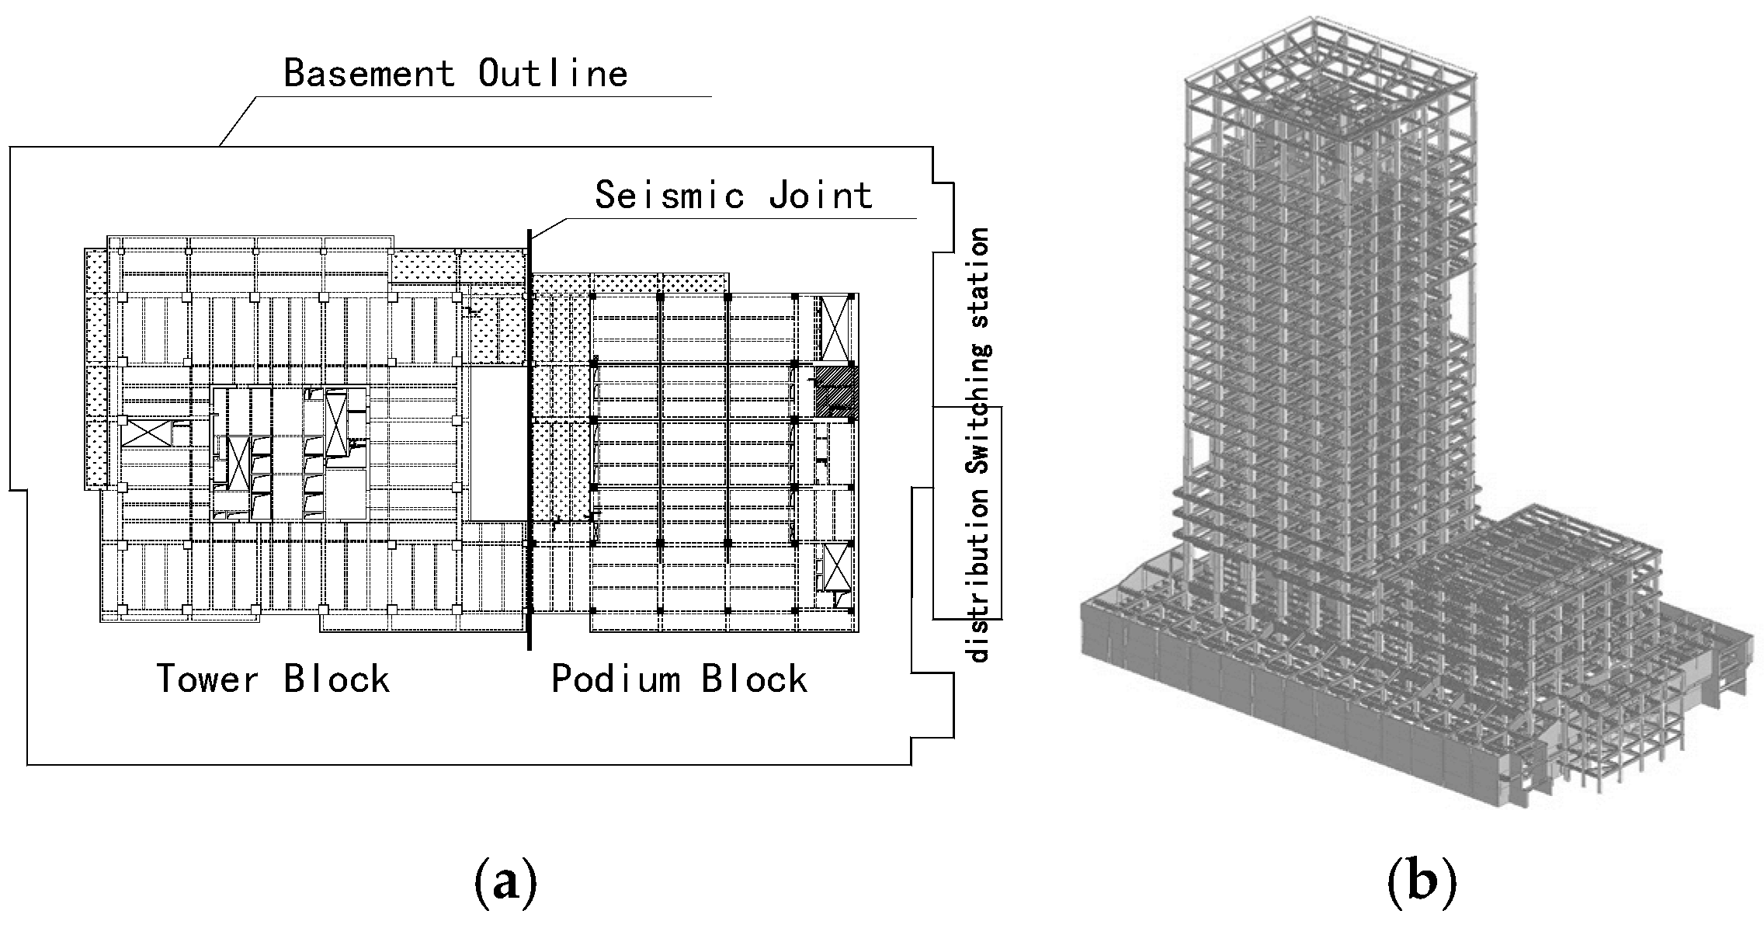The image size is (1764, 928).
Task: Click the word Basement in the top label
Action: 369,74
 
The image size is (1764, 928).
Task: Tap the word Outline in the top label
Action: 552,74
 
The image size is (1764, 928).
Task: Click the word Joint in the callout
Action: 821,195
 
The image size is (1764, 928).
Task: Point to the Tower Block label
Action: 273,679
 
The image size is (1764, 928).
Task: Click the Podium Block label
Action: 679,679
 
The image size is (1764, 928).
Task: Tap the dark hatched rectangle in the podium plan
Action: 835,391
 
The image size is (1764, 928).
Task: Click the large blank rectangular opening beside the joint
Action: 498,444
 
